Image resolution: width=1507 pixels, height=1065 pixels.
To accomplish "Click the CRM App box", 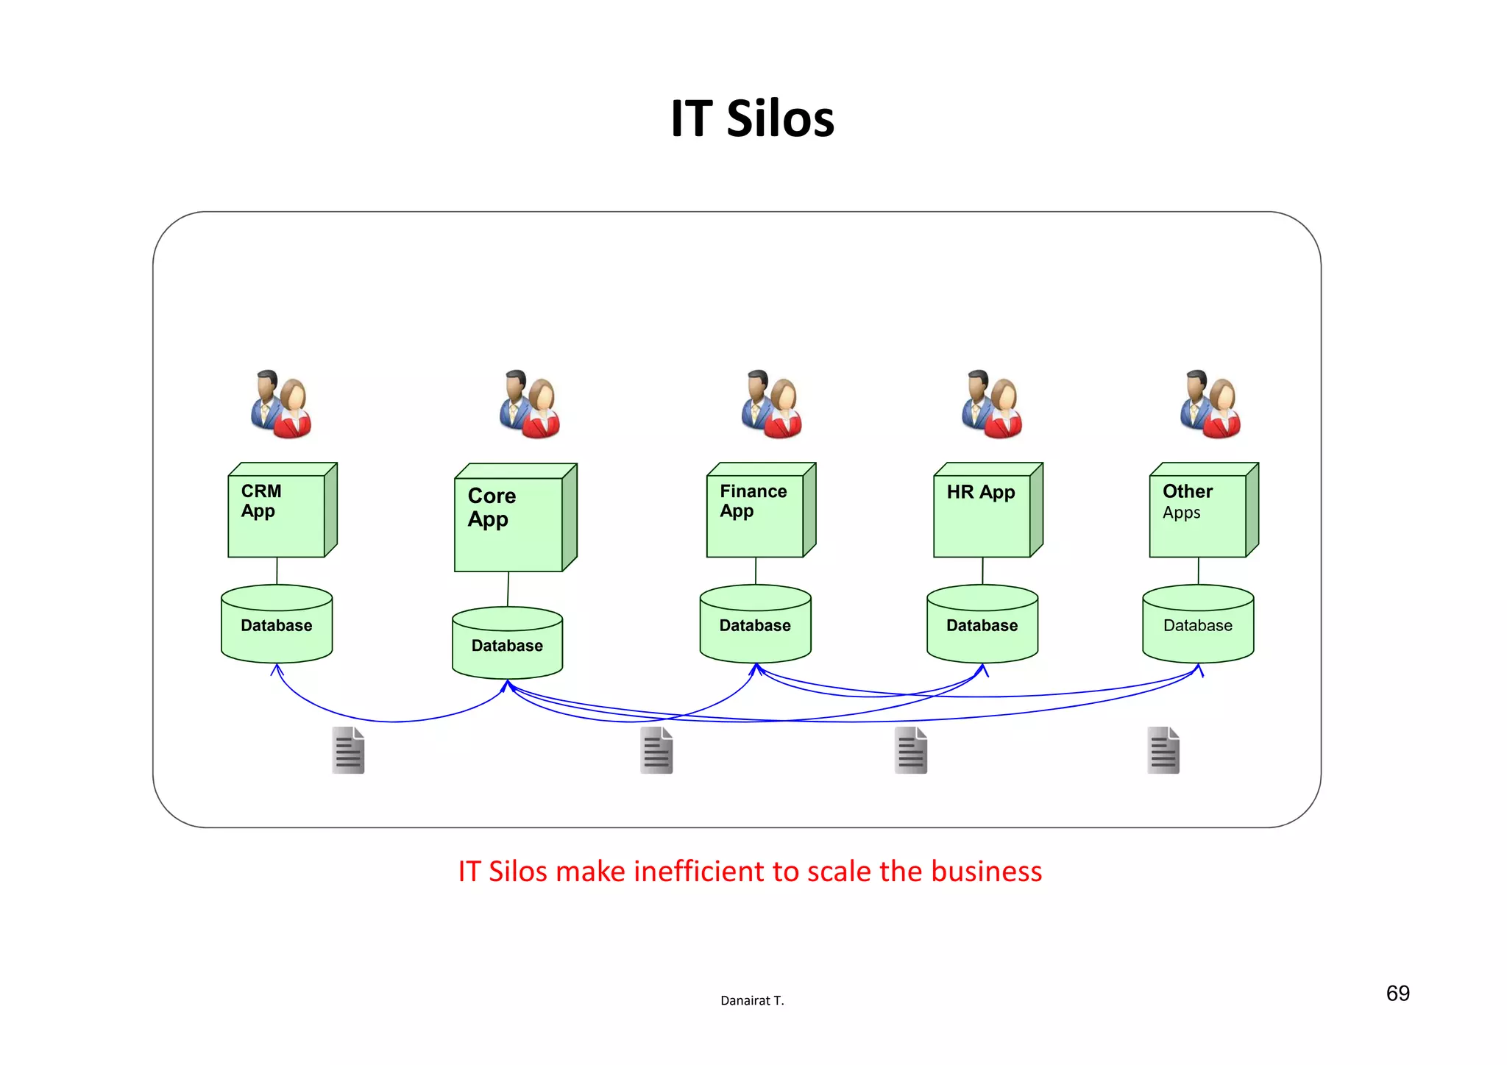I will point(277,515).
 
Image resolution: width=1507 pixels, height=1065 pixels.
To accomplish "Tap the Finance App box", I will point(755,515).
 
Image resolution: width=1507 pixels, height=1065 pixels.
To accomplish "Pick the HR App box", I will point(982,515).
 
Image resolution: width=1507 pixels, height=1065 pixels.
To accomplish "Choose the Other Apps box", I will point(1198,515).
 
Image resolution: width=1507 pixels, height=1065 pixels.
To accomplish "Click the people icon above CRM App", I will point(281,404).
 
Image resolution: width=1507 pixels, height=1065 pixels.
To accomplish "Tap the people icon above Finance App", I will point(772,404).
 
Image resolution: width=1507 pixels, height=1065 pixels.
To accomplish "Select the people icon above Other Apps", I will point(1210,404).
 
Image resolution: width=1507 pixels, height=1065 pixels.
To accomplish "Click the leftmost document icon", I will point(348,750).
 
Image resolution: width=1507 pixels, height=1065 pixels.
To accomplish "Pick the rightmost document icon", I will point(1163,750).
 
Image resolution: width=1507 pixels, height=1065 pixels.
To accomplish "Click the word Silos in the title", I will point(780,119).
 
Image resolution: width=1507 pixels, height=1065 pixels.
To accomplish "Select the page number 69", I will point(1397,994).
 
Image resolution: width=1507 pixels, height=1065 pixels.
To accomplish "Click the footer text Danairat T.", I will point(752,1000).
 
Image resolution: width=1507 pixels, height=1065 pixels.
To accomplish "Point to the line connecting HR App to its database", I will point(982,571).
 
